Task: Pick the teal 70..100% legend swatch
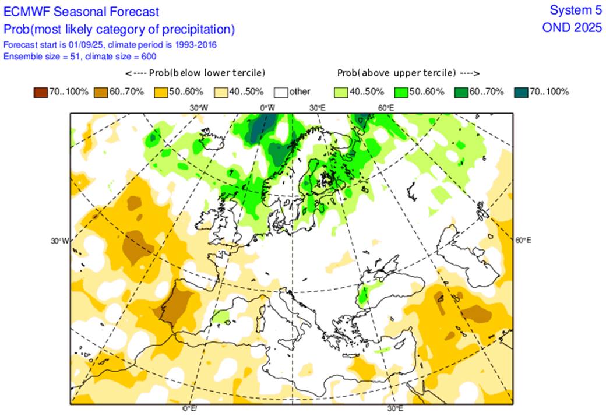522,91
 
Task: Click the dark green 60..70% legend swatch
461,91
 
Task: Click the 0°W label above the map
267,108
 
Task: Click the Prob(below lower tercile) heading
195,73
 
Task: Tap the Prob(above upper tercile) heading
408,73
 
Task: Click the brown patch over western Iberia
178,303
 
